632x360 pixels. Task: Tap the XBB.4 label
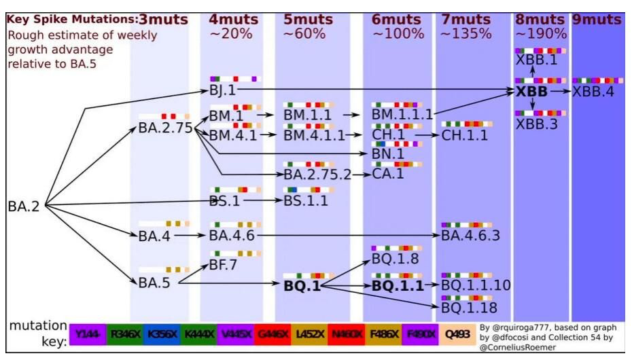593,92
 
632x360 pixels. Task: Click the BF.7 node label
223,264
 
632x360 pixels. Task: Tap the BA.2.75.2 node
317,174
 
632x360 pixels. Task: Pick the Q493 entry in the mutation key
454,335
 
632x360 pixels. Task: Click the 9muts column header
597,20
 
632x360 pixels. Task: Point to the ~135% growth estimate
466,33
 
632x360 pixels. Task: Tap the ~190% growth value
540,33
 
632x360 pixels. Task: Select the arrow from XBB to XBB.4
560,92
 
